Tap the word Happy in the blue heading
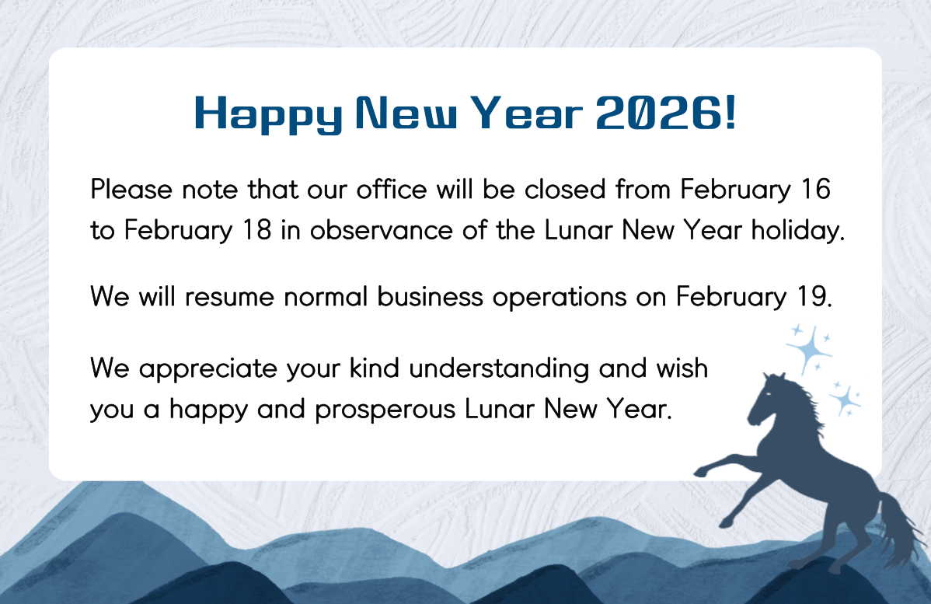point(268,114)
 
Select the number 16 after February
point(816,190)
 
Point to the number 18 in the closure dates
point(257,230)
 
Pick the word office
point(391,190)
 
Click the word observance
point(382,230)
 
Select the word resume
point(229,297)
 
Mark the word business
point(430,296)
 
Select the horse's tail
point(900,529)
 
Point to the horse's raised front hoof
point(701,472)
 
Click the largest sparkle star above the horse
point(809,349)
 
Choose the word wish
point(682,368)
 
